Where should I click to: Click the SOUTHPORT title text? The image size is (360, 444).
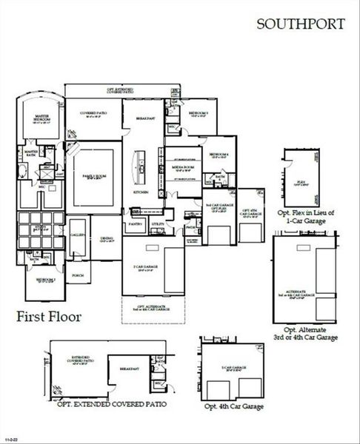click(300, 24)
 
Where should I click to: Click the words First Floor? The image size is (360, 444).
click(49, 317)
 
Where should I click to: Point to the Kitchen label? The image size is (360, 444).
click(141, 192)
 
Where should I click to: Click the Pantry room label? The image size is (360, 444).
click(135, 223)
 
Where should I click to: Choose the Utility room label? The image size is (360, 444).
click(157, 223)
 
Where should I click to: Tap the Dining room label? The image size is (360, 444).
click(107, 240)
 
